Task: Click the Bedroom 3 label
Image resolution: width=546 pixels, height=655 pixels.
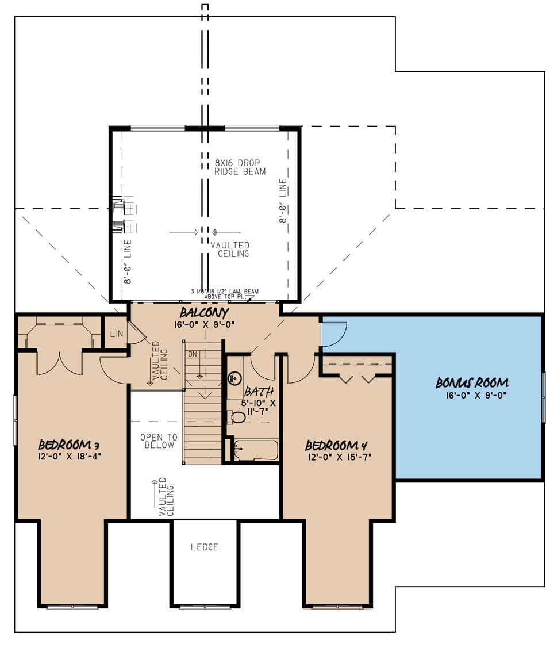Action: tap(64, 445)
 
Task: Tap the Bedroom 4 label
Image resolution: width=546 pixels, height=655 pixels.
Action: tap(336, 445)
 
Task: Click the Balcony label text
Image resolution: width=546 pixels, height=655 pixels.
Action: tap(204, 313)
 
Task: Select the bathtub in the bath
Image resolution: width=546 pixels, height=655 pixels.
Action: tap(256, 450)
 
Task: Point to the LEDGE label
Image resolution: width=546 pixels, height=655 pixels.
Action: tap(205, 547)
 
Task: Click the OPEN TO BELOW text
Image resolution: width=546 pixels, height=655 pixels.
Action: tap(159, 441)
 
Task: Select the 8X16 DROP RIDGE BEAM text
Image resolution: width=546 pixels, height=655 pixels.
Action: tap(240, 167)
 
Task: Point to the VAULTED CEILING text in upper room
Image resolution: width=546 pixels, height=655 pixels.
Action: tap(230, 249)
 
